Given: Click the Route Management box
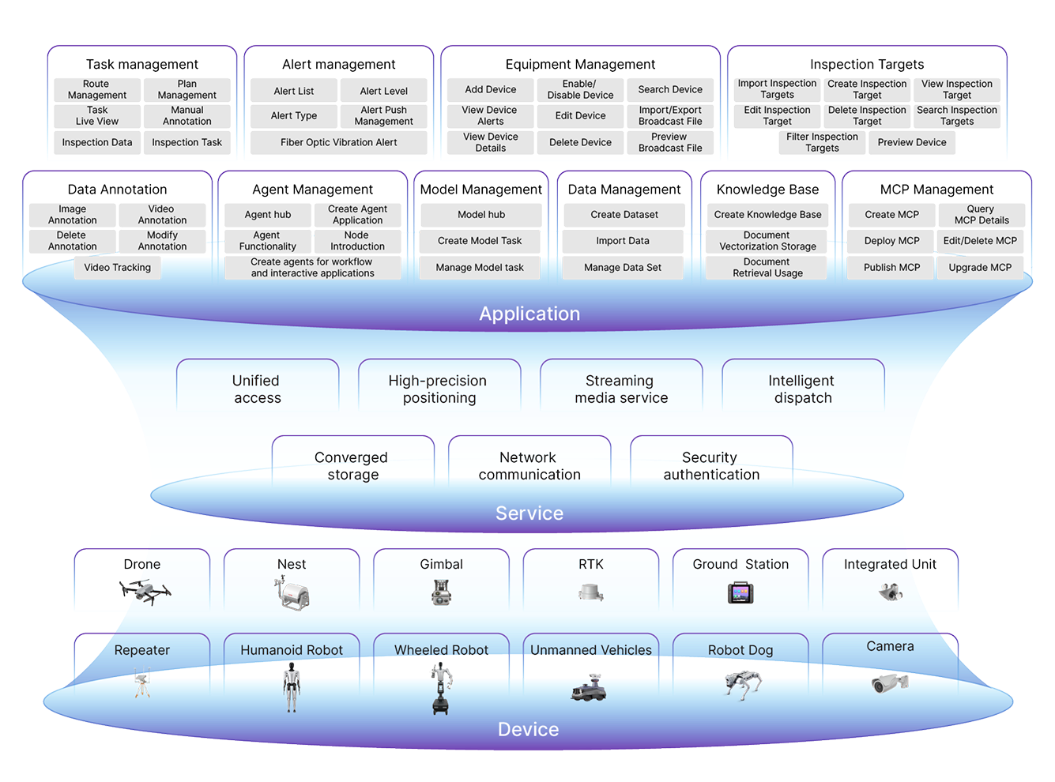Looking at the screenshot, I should (97, 89).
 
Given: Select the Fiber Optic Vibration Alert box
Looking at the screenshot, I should (338, 143).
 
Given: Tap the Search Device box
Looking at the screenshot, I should (670, 90).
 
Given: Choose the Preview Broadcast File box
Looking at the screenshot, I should (670, 142).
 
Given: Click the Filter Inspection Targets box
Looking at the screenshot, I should (822, 143).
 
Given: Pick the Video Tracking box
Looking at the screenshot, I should (117, 268).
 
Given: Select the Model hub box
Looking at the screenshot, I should (481, 215).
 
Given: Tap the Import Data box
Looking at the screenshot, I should (623, 241).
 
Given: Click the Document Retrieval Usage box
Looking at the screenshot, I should (767, 268).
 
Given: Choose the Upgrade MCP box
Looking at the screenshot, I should (980, 268).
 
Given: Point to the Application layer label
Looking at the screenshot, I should (529, 314).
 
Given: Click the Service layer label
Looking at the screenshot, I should (529, 513).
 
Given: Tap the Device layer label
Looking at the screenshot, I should (528, 729).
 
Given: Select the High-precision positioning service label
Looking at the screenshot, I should (439, 389).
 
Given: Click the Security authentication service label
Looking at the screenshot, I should (711, 466).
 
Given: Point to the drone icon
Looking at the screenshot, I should (145, 591).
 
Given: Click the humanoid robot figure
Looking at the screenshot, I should (292, 686).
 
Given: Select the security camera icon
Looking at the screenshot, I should (889, 682).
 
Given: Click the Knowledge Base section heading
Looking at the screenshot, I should (767, 190).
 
